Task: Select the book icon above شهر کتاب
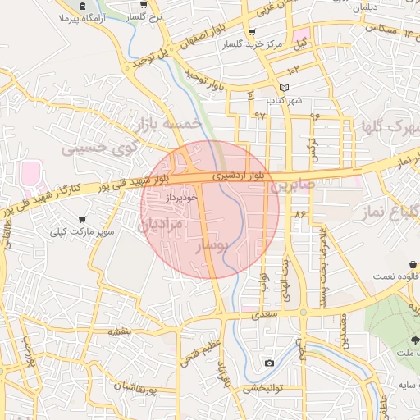[x=284, y=88]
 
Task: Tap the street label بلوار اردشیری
[x=240, y=175]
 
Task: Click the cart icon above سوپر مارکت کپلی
[x=82, y=220]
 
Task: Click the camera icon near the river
[x=269, y=363]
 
